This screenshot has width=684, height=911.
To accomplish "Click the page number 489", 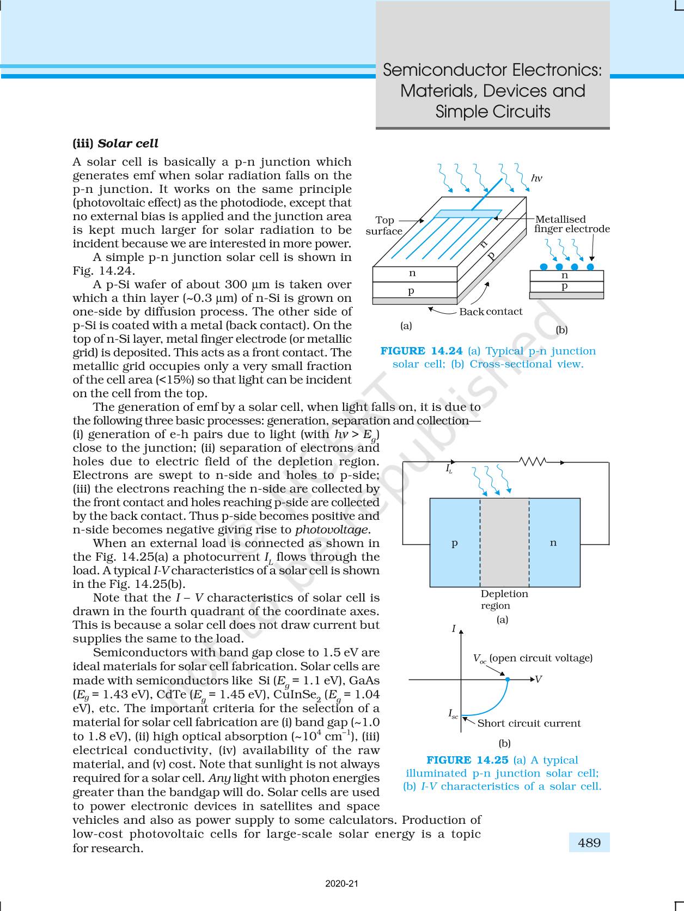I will (x=589, y=843).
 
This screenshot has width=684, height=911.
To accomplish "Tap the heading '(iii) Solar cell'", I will (x=115, y=144).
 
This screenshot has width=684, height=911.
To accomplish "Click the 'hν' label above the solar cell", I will (x=536, y=178).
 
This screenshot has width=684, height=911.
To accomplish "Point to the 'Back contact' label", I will (x=491, y=312).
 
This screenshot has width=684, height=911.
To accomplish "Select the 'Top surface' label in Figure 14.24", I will (x=384, y=226).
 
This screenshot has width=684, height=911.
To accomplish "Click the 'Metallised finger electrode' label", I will (x=571, y=224).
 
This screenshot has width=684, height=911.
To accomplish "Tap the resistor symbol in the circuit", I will (x=533, y=462).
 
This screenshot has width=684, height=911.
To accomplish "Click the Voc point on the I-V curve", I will (x=508, y=679).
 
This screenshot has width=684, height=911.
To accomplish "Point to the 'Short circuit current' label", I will (x=529, y=724).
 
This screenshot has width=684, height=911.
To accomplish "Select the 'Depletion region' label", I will (x=504, y=599).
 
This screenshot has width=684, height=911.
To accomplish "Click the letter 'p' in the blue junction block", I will (x=454, y=543).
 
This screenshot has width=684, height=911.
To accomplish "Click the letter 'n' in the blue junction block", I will (x=553, y=543).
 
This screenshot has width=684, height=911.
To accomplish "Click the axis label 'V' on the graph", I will (x=538, y=679).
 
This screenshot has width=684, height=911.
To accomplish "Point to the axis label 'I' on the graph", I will (x=454, y=629).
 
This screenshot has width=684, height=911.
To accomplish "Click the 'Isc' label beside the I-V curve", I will (x=453, y=713).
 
